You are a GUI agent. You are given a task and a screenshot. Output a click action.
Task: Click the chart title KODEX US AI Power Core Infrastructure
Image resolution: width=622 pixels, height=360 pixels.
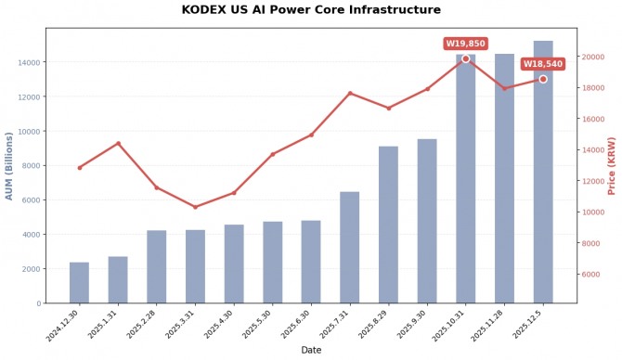[311, 10]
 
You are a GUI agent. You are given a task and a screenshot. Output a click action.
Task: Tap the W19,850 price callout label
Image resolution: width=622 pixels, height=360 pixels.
[465, 44]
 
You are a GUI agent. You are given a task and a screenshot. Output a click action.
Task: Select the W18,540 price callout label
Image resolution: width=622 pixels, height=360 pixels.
[542, 64]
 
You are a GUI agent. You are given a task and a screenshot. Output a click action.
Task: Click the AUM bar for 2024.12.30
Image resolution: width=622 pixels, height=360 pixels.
[79, 283]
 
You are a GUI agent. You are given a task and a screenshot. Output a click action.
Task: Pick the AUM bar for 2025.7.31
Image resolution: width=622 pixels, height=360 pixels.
[349, 248]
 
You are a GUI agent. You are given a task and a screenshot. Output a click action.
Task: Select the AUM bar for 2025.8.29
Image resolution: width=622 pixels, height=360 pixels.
[388, 225]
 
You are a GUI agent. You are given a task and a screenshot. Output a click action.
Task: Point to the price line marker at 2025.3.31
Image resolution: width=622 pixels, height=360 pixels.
[195, 207]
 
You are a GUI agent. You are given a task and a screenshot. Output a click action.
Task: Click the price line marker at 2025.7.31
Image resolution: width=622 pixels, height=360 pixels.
[350, 93]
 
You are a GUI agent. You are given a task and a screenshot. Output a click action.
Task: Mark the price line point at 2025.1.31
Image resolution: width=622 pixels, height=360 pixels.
[118, 143]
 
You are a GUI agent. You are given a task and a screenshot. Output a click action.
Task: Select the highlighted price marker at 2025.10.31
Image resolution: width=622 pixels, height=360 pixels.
[465, 58]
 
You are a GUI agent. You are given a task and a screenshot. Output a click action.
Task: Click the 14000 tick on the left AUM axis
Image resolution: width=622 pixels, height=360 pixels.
[28, 62]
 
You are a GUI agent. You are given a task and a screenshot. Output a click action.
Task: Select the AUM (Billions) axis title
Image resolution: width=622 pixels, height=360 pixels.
[9, 165]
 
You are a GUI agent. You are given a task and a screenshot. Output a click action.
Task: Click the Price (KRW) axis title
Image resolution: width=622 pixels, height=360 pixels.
[612, 165]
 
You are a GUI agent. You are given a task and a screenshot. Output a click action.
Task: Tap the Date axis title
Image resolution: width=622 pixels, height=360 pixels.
[311, 350]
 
